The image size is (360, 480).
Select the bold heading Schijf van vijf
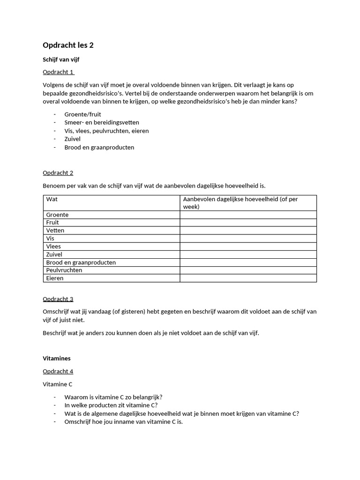(64, 60)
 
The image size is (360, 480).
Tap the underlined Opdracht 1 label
(58, 72)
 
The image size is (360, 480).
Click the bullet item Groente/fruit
(82, 114)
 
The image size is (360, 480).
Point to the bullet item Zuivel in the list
(73, 139)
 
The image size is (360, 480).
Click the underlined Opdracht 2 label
(58, 173)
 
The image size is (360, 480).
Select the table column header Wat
(52, 199)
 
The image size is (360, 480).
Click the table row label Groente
(57, 215)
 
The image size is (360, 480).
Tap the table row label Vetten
(55, 231)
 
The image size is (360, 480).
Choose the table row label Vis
(50, 239)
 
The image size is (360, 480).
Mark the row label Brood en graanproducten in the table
(81, 262)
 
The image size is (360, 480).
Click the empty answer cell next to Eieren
(248, 278)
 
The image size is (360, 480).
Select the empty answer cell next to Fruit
(248, 223)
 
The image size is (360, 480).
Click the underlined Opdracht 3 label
(58, 299)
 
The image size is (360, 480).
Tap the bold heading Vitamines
(57, 359)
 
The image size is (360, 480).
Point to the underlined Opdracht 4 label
(58, 372)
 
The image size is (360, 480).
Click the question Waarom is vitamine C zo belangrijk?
(113, 397)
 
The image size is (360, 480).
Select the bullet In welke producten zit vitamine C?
(111, 405)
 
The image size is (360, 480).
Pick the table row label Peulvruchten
(64, 270)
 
